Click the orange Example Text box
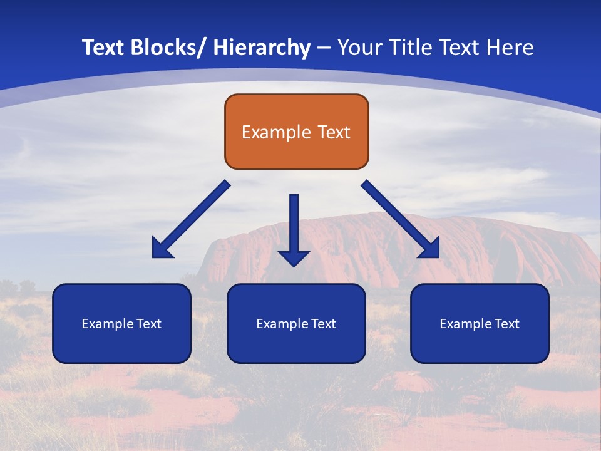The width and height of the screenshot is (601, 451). (x=296, y=132)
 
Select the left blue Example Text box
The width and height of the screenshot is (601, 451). (x=121, y=323)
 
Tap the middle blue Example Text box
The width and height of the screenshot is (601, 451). (x=296, y=323)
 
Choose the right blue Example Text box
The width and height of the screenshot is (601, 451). (x=480, y=323)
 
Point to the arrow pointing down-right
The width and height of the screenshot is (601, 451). (x=398, y=217)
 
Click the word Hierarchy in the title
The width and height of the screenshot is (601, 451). (x=262, y=48)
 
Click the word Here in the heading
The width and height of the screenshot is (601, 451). (x=511, y=48)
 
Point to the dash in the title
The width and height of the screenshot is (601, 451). (x=323, y=48)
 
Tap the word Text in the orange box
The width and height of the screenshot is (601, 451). (x=333, y=132)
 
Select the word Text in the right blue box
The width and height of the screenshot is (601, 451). (x=506, y=324)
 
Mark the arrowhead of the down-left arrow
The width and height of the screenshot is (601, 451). (x=161, y=249)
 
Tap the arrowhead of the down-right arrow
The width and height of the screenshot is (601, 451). (x=430, y=249)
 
